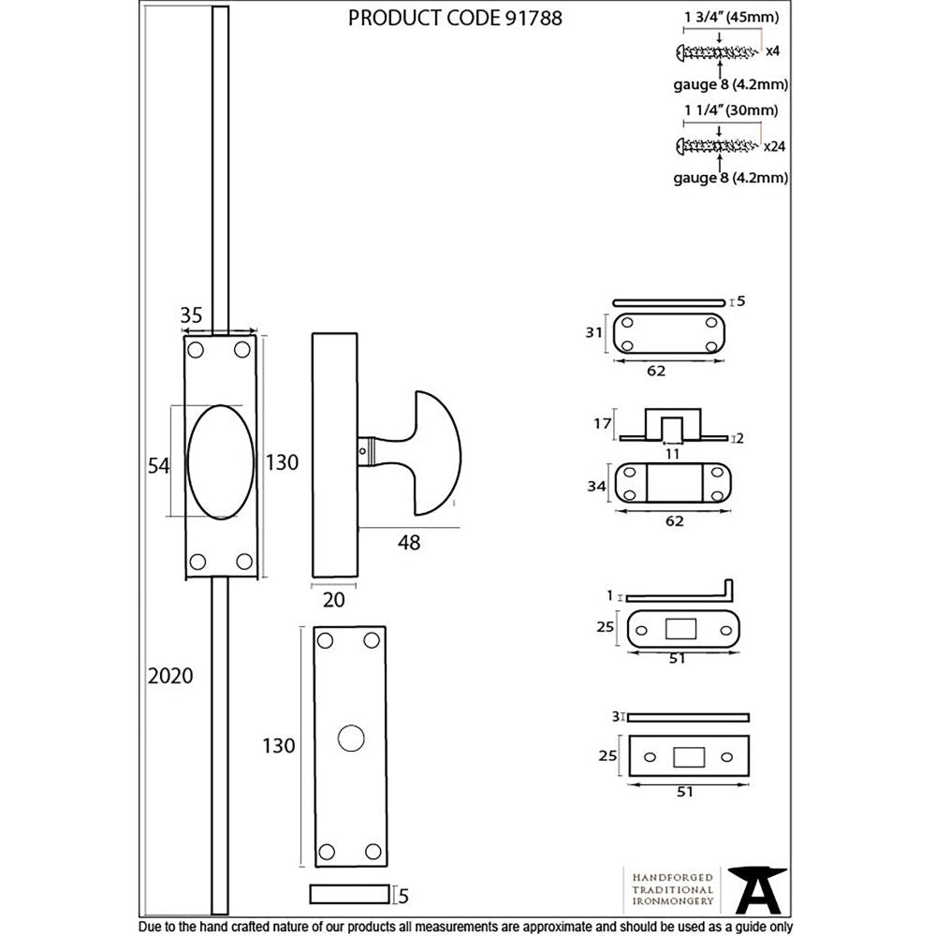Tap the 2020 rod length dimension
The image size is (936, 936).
[x=170, y=676]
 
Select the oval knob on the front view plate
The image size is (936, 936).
[x=219, y=461]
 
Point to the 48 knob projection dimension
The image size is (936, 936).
[x=409, y=543]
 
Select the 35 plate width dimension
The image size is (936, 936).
[x=191, y=315]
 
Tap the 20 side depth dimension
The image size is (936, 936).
[x=333, y=600]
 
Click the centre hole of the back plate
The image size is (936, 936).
[x=350, y=738]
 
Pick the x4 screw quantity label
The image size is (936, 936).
[x=773, y=51]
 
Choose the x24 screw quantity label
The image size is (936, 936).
[x=774, y=146]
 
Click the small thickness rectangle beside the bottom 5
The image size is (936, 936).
[x=350, y=894]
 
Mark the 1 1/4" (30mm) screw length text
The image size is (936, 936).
[x=731, y=110]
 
